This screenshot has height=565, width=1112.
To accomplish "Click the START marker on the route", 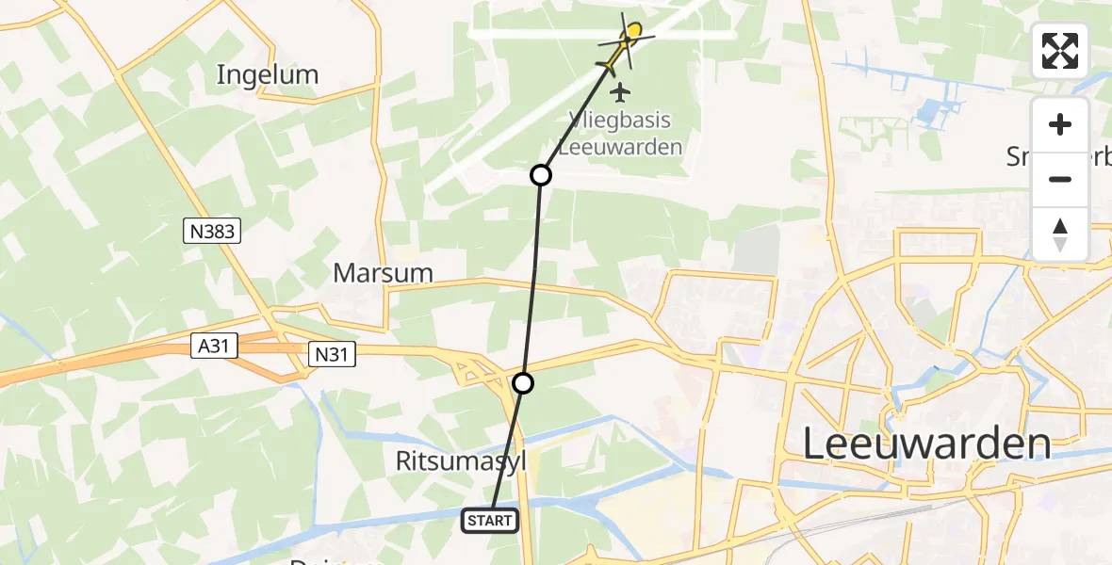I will click(x=490, y=520).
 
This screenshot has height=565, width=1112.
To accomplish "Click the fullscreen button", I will click(x=1060, y=51).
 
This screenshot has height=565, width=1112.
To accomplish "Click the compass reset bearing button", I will click(x=1060, y=234).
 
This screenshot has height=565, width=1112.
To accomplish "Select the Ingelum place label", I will click(x=268, y=74).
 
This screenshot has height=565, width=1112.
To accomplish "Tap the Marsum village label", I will click(x=384, y=273).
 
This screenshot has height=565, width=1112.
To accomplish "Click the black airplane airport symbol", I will click(x=619, y=92).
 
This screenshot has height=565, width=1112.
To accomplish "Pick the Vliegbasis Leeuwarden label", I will click(x=620, y=134).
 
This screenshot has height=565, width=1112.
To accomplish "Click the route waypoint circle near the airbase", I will click(x=541, y=174).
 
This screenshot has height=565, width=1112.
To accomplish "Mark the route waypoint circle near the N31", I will click(x=523, y=382).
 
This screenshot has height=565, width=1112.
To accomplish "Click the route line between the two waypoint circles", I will click(x=533, y=278).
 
